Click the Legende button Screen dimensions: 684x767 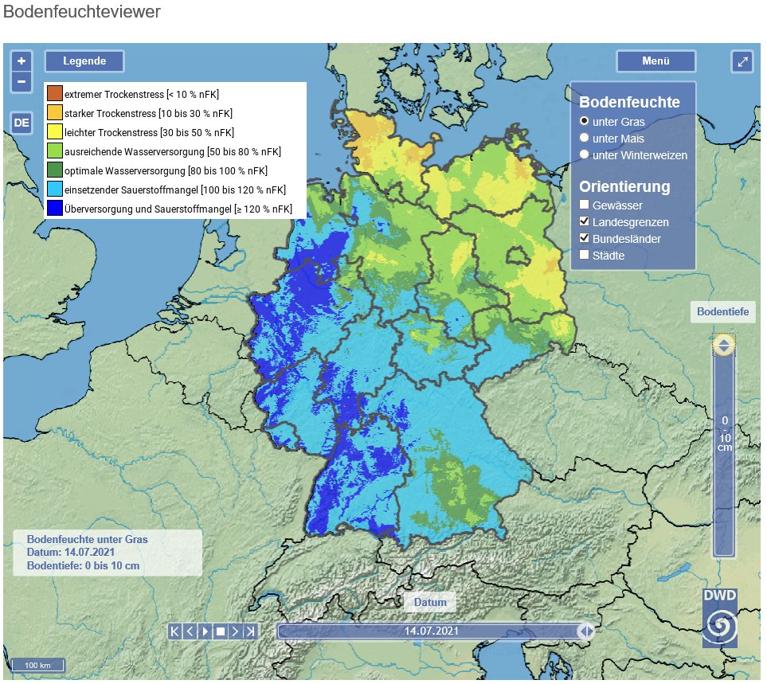[84, 61]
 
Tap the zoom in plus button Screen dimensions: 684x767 [22, 61]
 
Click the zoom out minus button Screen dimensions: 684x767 [22, 80]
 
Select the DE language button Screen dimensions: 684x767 [22, 123]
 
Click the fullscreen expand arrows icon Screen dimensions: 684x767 [742, 61]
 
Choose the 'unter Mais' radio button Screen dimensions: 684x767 [585, 139]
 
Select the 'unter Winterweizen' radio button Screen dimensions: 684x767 [585, 155]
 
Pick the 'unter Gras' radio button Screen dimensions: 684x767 [585, 122]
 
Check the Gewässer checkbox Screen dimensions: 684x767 [585, 205]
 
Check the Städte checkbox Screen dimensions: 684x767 [585, 256]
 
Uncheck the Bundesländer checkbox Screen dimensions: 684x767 [585, 239]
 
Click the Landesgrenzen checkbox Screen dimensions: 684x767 [585, 222]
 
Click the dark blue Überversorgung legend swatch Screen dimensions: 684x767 [54, 209]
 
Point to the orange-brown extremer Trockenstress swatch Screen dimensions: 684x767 [54, 94]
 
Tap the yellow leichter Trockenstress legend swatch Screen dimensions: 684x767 [54, 132]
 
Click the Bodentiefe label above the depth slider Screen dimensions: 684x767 [722, 312]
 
